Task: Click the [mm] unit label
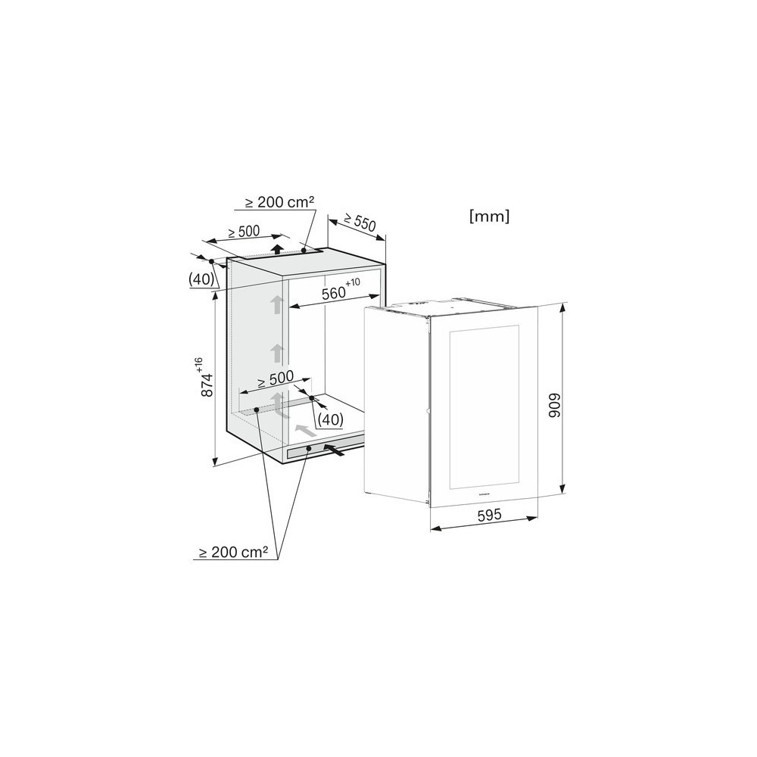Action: (490, 217)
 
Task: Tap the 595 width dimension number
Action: (489, 515)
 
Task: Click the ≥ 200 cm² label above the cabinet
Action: (279, 203)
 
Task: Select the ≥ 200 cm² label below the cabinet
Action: (233, 553)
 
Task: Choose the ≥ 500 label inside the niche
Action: (276, 378)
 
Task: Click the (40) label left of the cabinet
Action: (201, 279)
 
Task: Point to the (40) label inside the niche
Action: (331, 419)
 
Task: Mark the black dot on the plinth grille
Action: (309, 449)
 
